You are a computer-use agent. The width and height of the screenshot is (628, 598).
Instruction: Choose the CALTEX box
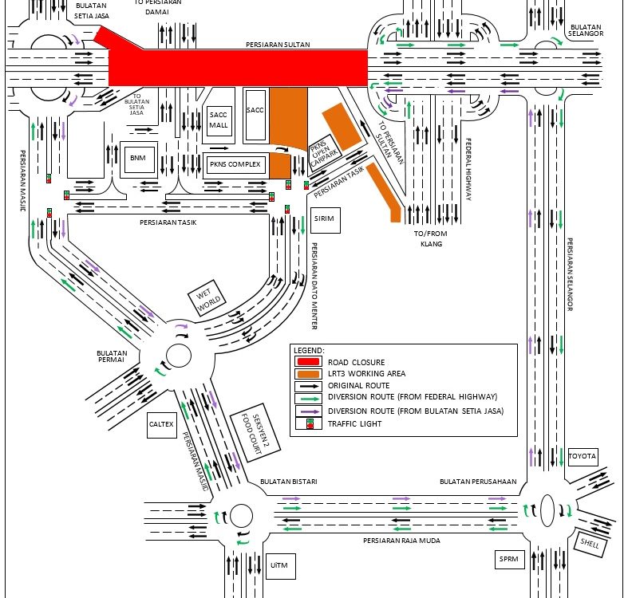pos(161,424)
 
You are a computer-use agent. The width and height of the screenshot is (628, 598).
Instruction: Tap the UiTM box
pos(278,566)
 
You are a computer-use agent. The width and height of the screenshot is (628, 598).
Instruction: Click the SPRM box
pos(508,559)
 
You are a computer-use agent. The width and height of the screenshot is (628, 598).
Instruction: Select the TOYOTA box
pos(582,457)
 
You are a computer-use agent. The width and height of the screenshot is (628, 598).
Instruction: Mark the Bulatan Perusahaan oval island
pos(548,508)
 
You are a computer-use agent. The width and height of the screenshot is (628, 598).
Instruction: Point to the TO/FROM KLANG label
pos(427,238)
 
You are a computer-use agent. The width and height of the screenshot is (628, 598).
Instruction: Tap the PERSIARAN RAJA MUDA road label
pos(401,541)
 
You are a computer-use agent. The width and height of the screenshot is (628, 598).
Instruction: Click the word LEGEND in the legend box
pos(309,350)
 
